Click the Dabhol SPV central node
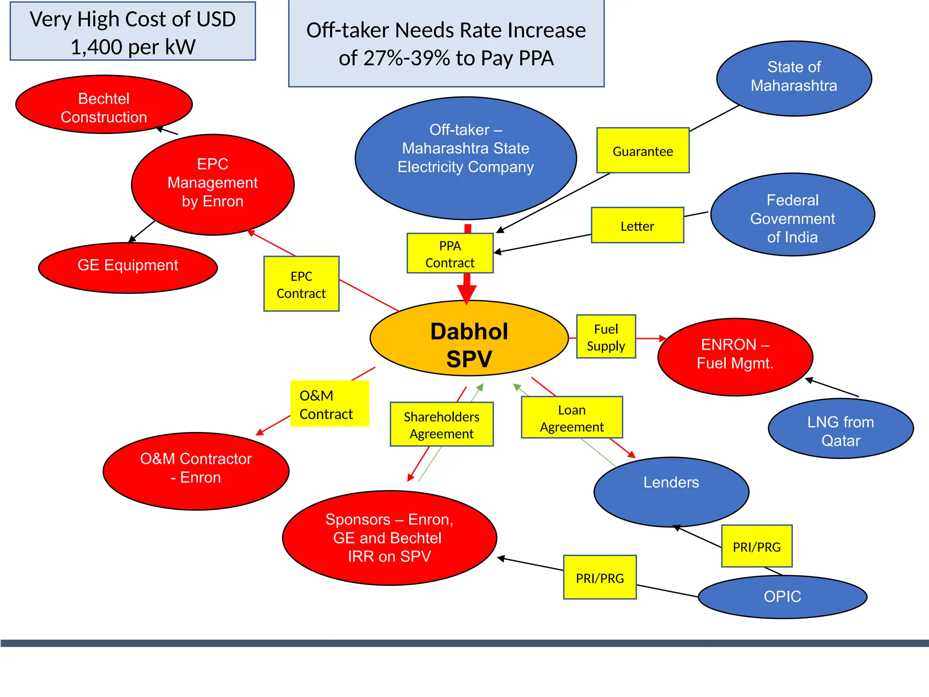469,339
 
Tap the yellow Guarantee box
643,151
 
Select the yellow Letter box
637,226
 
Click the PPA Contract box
450,254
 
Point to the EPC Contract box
301,284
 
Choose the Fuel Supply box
606,337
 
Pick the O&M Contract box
329,404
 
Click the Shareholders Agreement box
441,425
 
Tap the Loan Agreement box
572,417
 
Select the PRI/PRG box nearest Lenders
757,546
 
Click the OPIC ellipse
782,597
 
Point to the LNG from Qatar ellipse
841,429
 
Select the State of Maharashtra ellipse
794,78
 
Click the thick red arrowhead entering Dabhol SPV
467,294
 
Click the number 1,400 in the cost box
95,47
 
